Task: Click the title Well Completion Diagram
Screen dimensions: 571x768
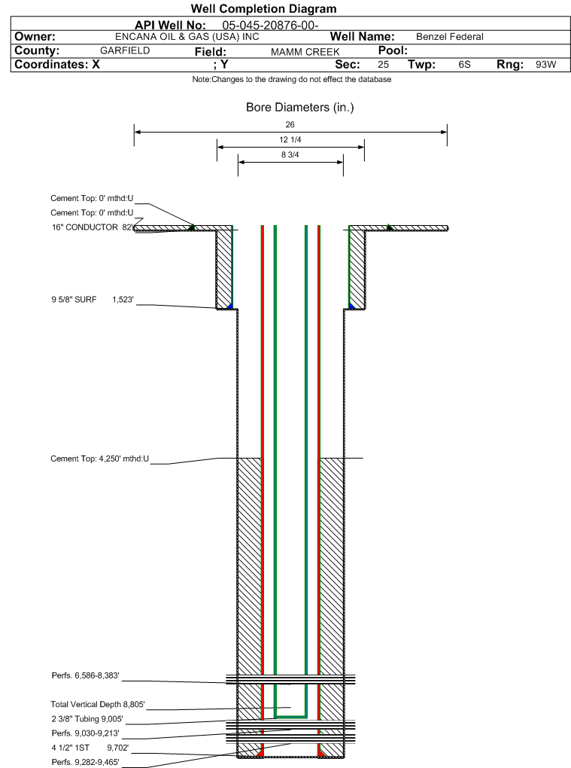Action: (x=264, y=9)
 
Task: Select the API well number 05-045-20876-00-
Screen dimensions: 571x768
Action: (x=271, y=26)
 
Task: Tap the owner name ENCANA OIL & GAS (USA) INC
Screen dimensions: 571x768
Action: (x=187, y=37)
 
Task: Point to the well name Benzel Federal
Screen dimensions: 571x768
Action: (x=450, y=37)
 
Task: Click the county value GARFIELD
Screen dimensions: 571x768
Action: (x=125, y=50)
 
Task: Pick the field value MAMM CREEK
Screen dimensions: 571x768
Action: (x=305, y=52)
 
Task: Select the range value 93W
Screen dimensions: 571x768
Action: (x=545, y=65)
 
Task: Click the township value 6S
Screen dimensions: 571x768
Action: (x=464, y=65)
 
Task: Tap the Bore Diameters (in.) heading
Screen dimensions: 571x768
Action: (x=300, y=107)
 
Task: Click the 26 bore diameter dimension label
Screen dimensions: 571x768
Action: (x=290, y=125)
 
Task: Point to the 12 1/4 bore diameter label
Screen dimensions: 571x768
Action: (x=290, y=139)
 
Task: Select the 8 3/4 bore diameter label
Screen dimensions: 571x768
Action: (x=290, y=155)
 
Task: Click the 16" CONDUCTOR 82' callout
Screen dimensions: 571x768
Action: (x=93, y=227)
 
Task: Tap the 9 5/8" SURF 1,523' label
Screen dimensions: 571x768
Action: (x=93, y=299)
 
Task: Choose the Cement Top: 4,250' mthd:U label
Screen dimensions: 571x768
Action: (x=100, y=459)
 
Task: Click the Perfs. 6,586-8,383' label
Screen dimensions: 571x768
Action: (x=85, y=675)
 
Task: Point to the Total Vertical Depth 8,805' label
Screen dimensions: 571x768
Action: (x=98, y=704)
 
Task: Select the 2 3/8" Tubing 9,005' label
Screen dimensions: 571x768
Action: (x=87, y=719)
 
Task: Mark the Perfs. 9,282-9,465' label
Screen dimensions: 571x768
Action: (x=85, y=762)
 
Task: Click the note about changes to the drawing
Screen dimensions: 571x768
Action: (x=292, y=79)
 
